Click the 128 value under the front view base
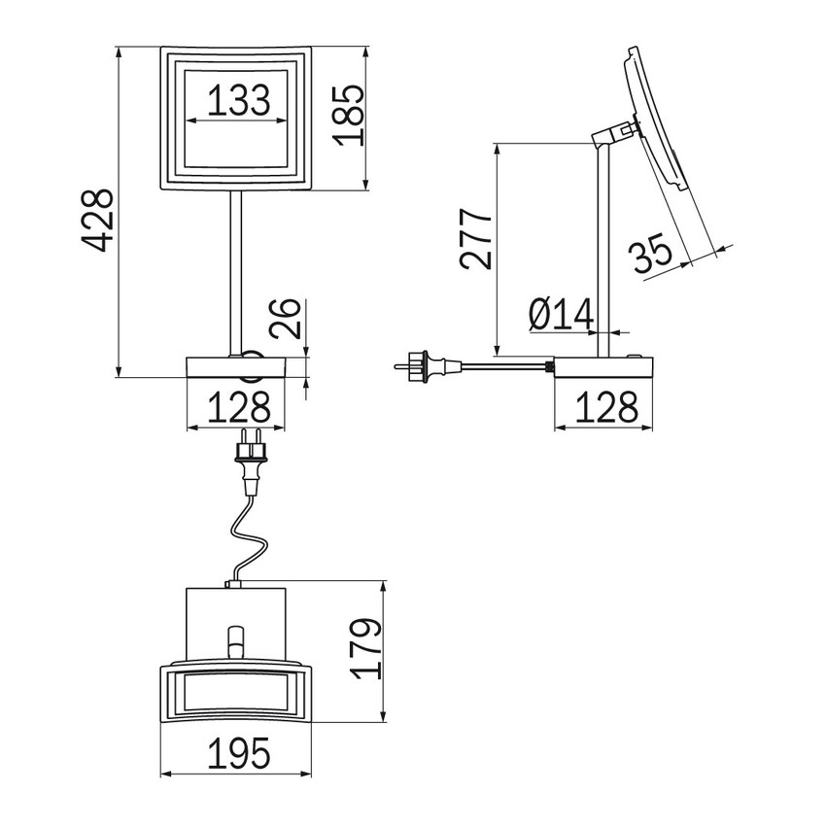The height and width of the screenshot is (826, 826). (236, 406)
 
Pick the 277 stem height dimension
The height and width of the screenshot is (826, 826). (477, 237)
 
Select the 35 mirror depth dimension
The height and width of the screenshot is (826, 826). (651, 255)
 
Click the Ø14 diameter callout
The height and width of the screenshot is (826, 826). (562, 314)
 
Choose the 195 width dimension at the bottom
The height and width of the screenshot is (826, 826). (236, 753)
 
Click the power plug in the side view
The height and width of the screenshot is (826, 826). (424, 366)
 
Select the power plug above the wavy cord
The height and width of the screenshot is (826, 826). (252, 465)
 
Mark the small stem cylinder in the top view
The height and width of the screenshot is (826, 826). (234, 641)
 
